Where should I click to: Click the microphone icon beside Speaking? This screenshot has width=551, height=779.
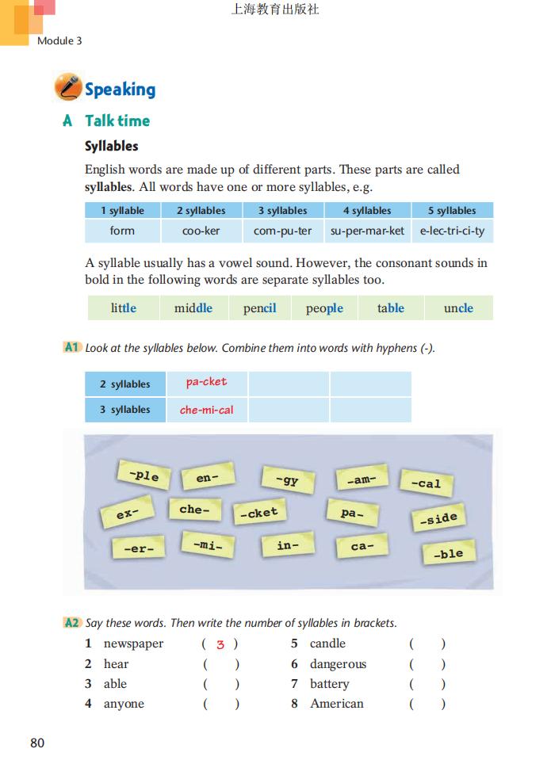tap(67, 87)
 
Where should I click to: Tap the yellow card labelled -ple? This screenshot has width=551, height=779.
tap(143, 475)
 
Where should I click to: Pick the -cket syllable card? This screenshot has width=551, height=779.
tap(259, 513)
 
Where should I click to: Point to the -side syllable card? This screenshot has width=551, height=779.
tap(437, 519)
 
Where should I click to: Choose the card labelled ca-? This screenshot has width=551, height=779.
tap(362, 546)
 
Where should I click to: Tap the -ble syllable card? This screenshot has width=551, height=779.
tap(448, 553)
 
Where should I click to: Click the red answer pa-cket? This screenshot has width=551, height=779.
tap(206, 382)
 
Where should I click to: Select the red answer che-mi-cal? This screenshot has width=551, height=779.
tap(206, 410)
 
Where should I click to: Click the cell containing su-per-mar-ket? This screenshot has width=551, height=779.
tap(367, 231)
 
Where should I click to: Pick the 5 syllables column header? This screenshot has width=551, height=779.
tap(452, 211)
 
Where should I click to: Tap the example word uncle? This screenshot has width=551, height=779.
tap(458, 308)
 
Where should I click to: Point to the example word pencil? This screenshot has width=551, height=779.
tap(259, 308)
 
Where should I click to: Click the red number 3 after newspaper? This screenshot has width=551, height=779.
tap(220, 645)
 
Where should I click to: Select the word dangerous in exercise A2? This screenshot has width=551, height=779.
tap(338, 664)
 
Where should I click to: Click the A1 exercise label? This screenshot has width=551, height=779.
tap(72, 348)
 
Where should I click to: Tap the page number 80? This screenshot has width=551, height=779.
tap(37, 743)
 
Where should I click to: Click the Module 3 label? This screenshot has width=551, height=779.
tap(59, 40)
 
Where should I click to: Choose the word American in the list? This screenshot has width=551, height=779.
tap(337, 704)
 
